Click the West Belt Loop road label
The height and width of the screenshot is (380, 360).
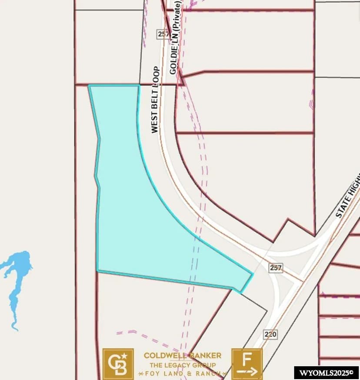155,100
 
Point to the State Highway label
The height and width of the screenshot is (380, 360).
348,196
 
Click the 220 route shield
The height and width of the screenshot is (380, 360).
270,334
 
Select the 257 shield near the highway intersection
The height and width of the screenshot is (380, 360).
276,268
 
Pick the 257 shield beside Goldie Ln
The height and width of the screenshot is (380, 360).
163,33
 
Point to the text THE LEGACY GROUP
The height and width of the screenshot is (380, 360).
183,365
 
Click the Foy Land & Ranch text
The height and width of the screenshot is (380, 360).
183,373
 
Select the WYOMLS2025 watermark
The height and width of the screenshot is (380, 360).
326,373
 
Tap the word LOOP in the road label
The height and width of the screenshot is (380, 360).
156,75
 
